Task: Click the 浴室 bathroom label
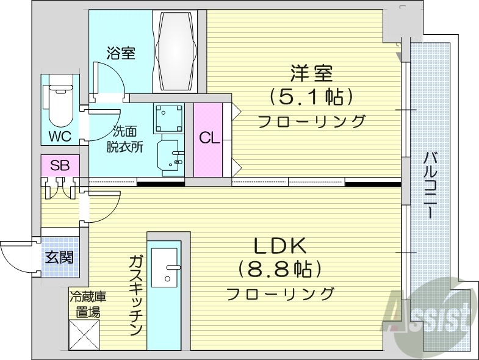coord(120,53)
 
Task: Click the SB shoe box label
coord(59,165)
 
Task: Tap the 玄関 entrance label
coord(59,257)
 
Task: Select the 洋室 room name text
coord(311,74)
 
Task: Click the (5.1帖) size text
coord(311,96)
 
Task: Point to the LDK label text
coord(279,245)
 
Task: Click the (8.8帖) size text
coord(280,268)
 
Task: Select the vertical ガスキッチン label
coord(135,295)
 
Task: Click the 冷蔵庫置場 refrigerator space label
coord(88,304)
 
